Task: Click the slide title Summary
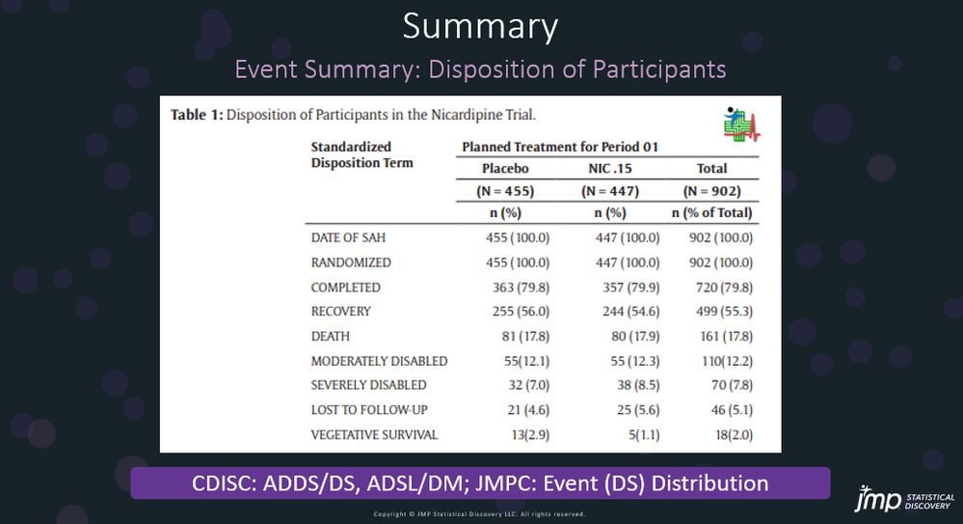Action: [x=480, y=27]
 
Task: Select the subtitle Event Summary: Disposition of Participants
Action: [x=480, y=70]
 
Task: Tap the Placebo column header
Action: [x=506, y=169]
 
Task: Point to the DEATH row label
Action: [x=330, y=337]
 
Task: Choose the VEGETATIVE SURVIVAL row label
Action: [x=374, y=435]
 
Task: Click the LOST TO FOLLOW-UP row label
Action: [x=369, y=410]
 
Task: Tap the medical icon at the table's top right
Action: [x=741, y=124]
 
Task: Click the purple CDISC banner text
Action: [x=480, y=483]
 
